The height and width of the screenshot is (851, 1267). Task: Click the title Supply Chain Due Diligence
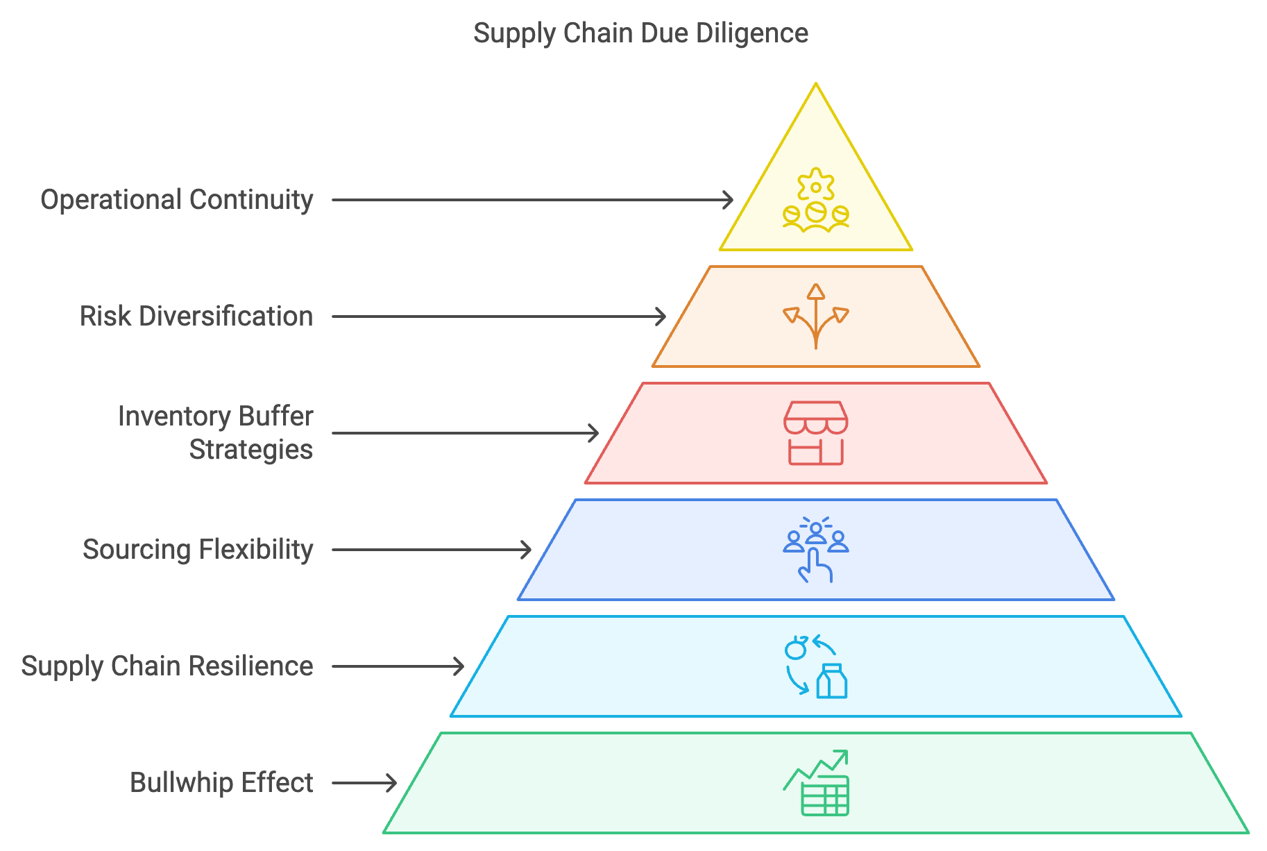pos(640,33)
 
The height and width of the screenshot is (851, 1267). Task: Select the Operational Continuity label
pos(177,200)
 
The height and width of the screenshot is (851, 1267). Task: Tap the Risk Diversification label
pos(196,317)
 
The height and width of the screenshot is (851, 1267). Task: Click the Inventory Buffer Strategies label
pos(216,433)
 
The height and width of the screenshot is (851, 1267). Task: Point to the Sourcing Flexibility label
pos(198,550)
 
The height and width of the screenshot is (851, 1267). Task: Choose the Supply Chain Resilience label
pos(167,666)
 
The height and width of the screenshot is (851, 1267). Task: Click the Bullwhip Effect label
pos(221,783)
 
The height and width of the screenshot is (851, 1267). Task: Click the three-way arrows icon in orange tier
pos(816,317)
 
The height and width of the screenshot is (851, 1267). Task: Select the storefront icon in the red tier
pos(816,433)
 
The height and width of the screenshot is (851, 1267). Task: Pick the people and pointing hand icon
pos(816,550)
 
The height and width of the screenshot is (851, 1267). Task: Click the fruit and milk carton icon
pos(816,666)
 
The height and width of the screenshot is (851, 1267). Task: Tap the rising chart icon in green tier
pos(816,783)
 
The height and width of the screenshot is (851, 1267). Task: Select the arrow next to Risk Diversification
pos(499,317)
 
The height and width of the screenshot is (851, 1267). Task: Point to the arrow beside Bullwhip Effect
pos(364,783)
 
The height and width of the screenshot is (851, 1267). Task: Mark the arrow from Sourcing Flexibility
pos(432,550)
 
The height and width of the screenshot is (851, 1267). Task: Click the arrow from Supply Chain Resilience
pos(398,666)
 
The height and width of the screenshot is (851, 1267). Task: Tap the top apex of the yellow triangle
pos(816,84)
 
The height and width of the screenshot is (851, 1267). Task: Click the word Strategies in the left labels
pos(251,450)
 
